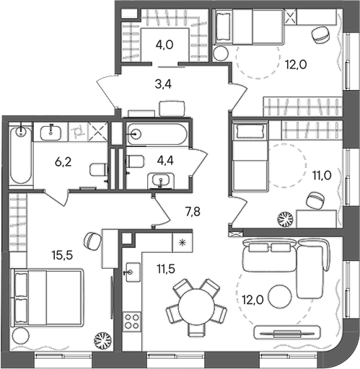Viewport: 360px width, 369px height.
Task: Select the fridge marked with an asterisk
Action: pos(181,242)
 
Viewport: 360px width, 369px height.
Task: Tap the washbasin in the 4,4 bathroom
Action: pos(159,180)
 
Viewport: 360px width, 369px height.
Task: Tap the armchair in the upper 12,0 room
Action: pos(318,33)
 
